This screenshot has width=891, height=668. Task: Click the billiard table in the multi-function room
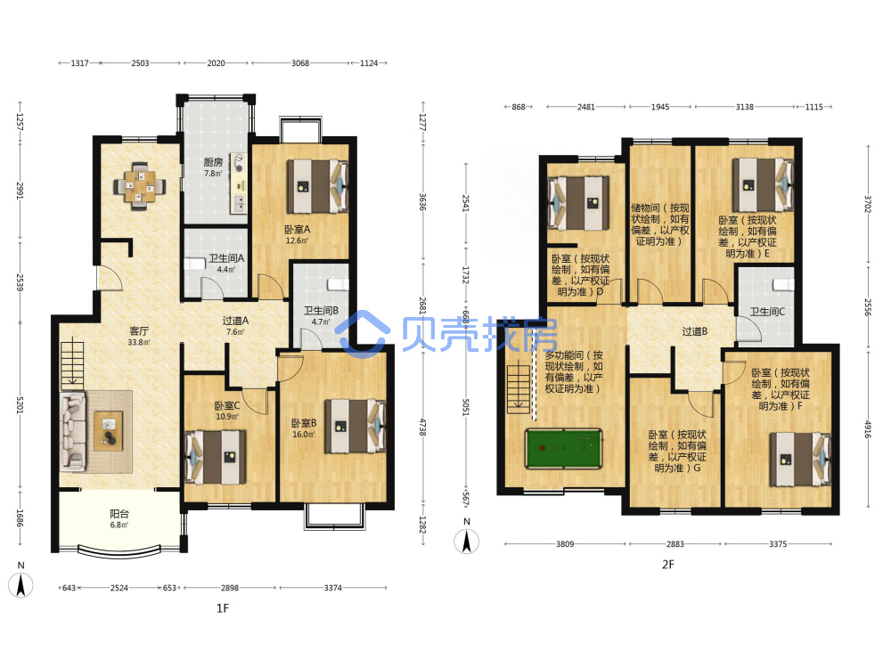click(563, 449)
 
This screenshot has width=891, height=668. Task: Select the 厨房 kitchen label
click(213, 162)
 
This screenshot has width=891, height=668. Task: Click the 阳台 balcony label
click(119, 514)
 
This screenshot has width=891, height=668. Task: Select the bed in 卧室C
click(216, 457)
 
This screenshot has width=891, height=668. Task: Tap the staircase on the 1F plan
click(72, 365)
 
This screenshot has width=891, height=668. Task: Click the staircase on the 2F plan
click(519, 389)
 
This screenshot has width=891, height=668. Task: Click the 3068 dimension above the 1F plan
click(300, 63)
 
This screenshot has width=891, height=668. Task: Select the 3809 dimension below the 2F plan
click(565, 543)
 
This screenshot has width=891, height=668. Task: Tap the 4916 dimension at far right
click(868, 429)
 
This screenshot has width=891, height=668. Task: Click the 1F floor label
click(222, 608)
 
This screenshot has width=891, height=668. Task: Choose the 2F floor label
click(667, 564)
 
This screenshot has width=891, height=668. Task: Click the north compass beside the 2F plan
click(467, 540)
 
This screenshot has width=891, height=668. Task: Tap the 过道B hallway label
click(695, 331)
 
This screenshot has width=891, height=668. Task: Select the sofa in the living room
click(74, 431)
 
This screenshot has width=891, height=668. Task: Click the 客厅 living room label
click(139, 330)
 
